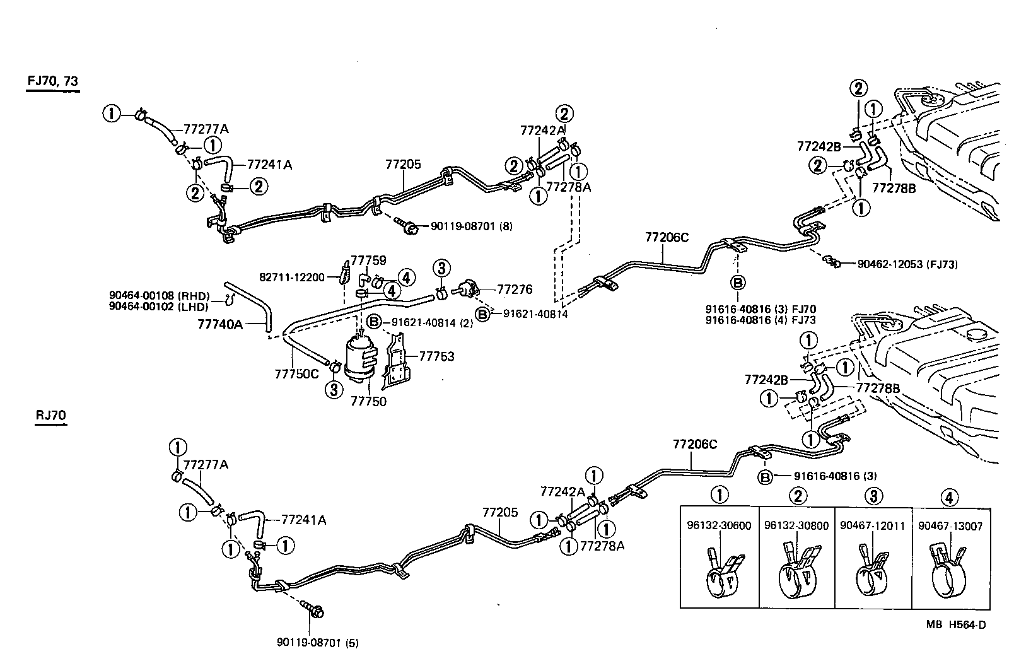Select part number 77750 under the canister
[368, 401]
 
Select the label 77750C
[296, 373]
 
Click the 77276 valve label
[515, 290]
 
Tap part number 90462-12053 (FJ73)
[907, 265]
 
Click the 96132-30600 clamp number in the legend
[719, 525]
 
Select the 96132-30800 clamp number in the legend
[796, 525]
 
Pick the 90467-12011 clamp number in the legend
[873, 525]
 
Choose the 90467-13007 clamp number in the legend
[950, 525]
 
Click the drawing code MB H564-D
[955, 624]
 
